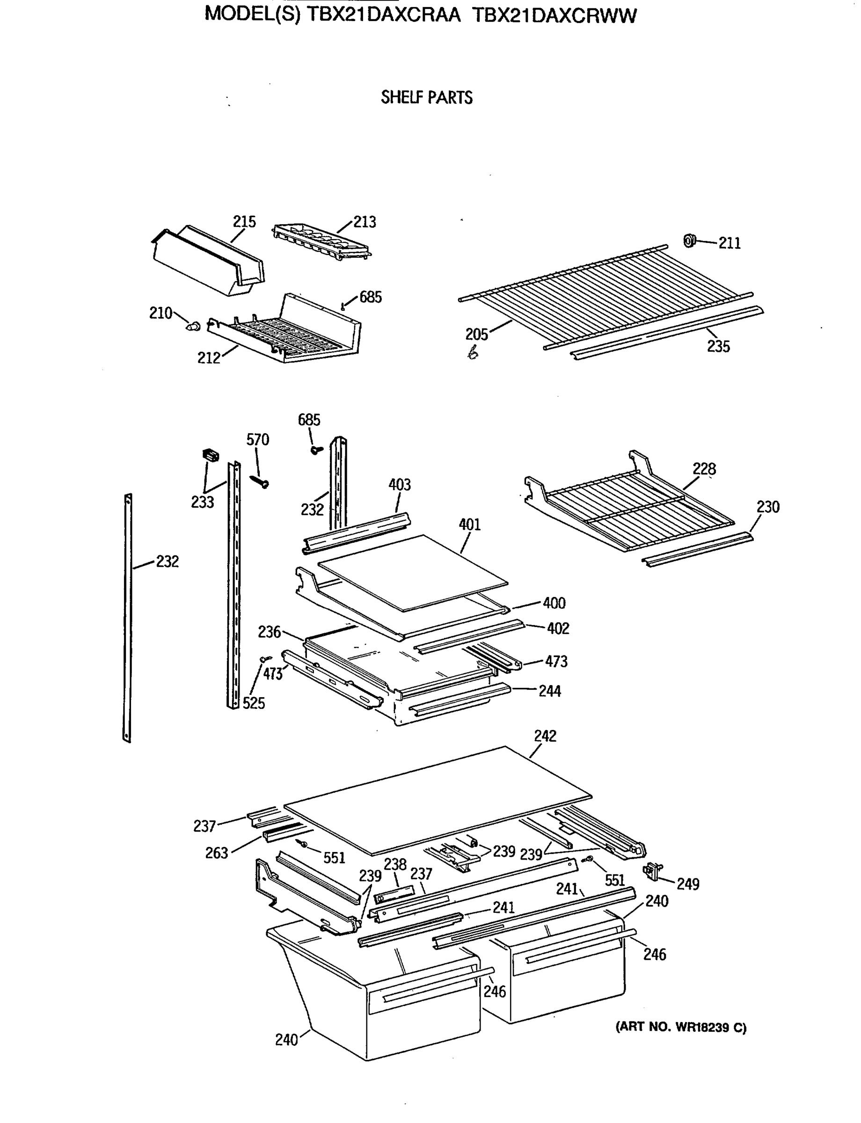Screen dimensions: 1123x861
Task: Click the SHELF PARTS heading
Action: [426, 97]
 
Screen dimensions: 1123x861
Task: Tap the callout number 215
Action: [244, 221]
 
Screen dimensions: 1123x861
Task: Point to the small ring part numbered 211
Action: [689, 240]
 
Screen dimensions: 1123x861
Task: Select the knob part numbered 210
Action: [194, 326]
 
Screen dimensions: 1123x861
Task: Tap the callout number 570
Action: [257, 439]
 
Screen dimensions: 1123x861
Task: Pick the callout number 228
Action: [704, 468]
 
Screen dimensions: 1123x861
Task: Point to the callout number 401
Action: [469, 525]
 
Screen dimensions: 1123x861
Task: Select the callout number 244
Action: [549, 691]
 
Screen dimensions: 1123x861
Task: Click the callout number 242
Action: [545, 736]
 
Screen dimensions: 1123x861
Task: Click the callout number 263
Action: [216, 853]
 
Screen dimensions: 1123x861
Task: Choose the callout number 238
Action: [395, 864]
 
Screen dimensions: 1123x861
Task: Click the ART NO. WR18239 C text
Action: [680, 1027]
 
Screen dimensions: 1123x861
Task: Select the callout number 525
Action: [254, 703]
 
